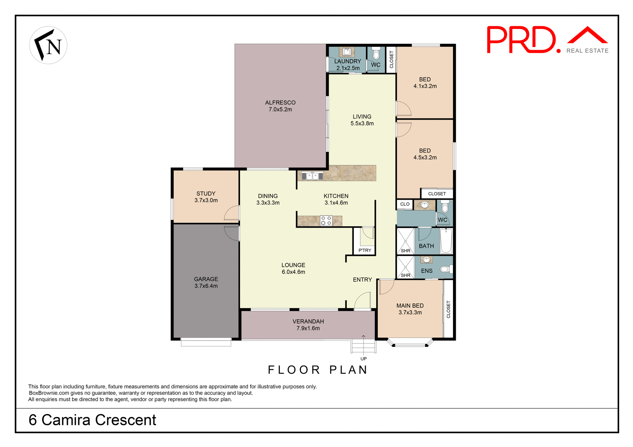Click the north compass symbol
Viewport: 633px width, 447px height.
point(48,45)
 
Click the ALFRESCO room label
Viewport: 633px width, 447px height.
point(280,103)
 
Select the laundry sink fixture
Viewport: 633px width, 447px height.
point(347,52)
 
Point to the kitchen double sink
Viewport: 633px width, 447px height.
point(312,176)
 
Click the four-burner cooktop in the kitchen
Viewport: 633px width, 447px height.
point(326,221)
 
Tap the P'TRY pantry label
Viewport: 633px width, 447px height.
point(365,250)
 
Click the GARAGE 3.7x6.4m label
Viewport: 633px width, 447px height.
point(206,283)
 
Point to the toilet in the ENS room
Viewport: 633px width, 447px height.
point(446,269)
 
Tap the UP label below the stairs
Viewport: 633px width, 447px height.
point(363,359)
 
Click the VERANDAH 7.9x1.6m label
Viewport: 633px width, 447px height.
point(308,325)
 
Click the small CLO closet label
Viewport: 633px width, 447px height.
point(405,204)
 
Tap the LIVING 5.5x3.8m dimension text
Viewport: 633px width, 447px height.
point(362,124)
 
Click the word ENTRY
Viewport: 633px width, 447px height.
point(362,280)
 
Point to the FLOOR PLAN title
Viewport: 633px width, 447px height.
point(317,370)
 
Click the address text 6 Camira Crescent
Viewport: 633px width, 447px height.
point(92,420)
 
